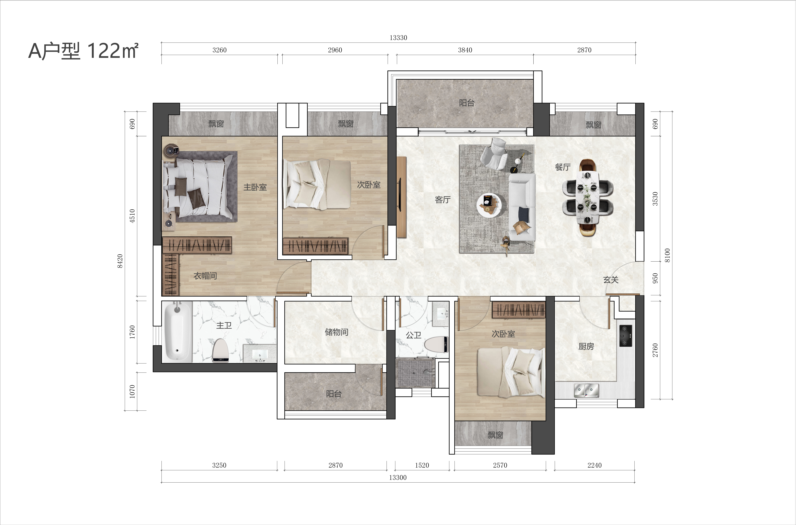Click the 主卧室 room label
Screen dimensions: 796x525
coord(255,187)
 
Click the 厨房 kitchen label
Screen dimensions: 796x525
coord(586,346)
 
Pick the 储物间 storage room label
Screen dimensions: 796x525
coord(337,332)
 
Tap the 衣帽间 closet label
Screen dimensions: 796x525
coord(205,276)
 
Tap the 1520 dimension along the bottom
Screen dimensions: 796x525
coord(422,465)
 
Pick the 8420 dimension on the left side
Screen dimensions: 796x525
coord(120,261)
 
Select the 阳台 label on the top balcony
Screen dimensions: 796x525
coord(467,103)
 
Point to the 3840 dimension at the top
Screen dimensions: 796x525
coord(465,50)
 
